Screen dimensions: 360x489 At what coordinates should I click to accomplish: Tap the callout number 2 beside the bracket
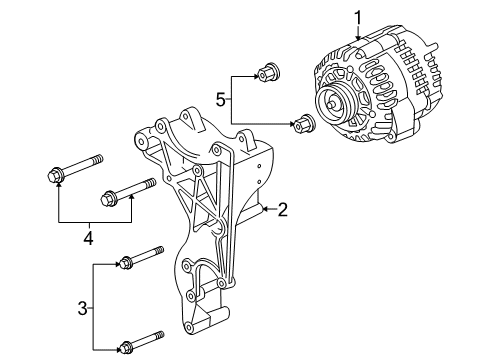(x=283, y=209)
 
